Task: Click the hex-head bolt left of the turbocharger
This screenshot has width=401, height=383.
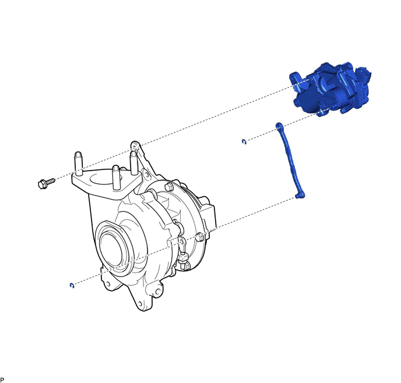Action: pyautogui.click(x=46, y=183)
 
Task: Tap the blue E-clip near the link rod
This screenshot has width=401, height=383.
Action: pyautogui.click(x=244, y=141)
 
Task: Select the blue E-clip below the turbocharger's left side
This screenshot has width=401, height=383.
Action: pyautogui.click(x=72, y=285)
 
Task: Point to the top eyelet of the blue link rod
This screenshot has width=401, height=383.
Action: pyautogui.click(x=279, y=126)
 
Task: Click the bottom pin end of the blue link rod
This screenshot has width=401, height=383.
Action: pyautogui.click(x=300, y=196)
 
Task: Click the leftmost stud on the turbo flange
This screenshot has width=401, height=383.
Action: pyautogui.click(x=79, y=164)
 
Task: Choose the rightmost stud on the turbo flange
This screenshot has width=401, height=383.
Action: pyautogui.click(x=134, y=162)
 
